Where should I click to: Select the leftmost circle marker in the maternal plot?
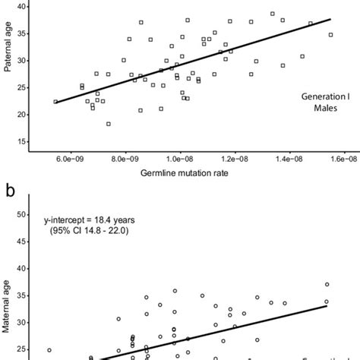point(49,350)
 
